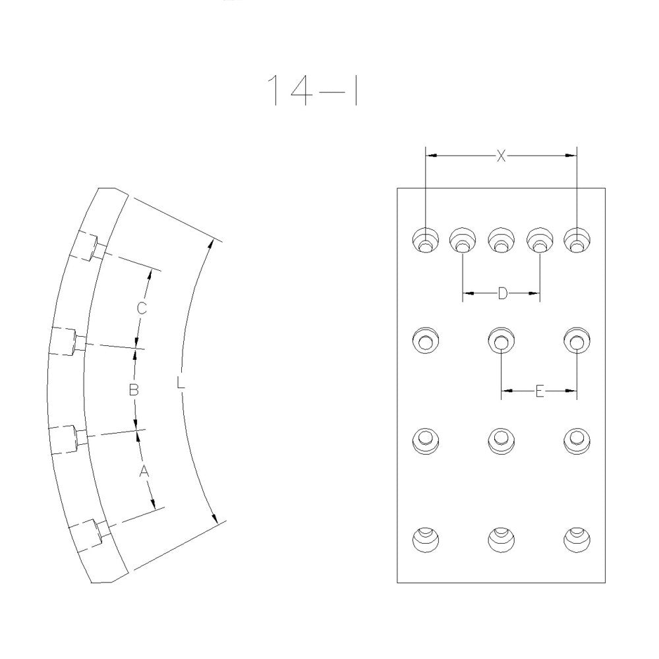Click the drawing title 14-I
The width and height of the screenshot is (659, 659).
pyautogui.click(x=312, y=90)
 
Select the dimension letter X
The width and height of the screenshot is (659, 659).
pyautogui.click(x=501, y=156)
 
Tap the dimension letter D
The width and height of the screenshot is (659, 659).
pyautogui.click(x=502, y=293)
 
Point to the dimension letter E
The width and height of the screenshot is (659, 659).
pyautogui.click(x=540, y=391)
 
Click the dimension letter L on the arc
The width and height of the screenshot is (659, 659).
pyautogui.click(x=181, y=382)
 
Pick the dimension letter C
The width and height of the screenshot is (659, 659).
pyautogui.click(x=142, y=308)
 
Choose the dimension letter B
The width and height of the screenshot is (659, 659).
pyautogui.click(x=133, y=390)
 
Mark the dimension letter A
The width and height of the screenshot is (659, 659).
pyautogui.click(x=144, y=472)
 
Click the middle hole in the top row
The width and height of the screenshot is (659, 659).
pyautogui.click(x=501, y=241)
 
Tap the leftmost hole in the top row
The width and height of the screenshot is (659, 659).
pyautogui.click(x=426, y=241)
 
